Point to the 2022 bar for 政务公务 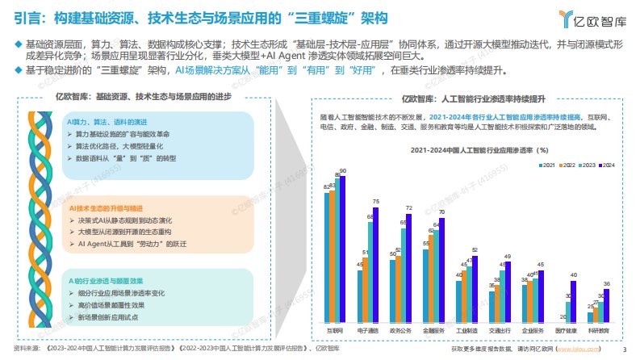point(395,290)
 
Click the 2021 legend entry point(546,165)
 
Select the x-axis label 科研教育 point(598,331)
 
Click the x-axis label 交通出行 point(500,331)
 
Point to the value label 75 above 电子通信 point(375,201)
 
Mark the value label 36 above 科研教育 point(607,283)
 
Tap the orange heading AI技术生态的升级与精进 point(108,207)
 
